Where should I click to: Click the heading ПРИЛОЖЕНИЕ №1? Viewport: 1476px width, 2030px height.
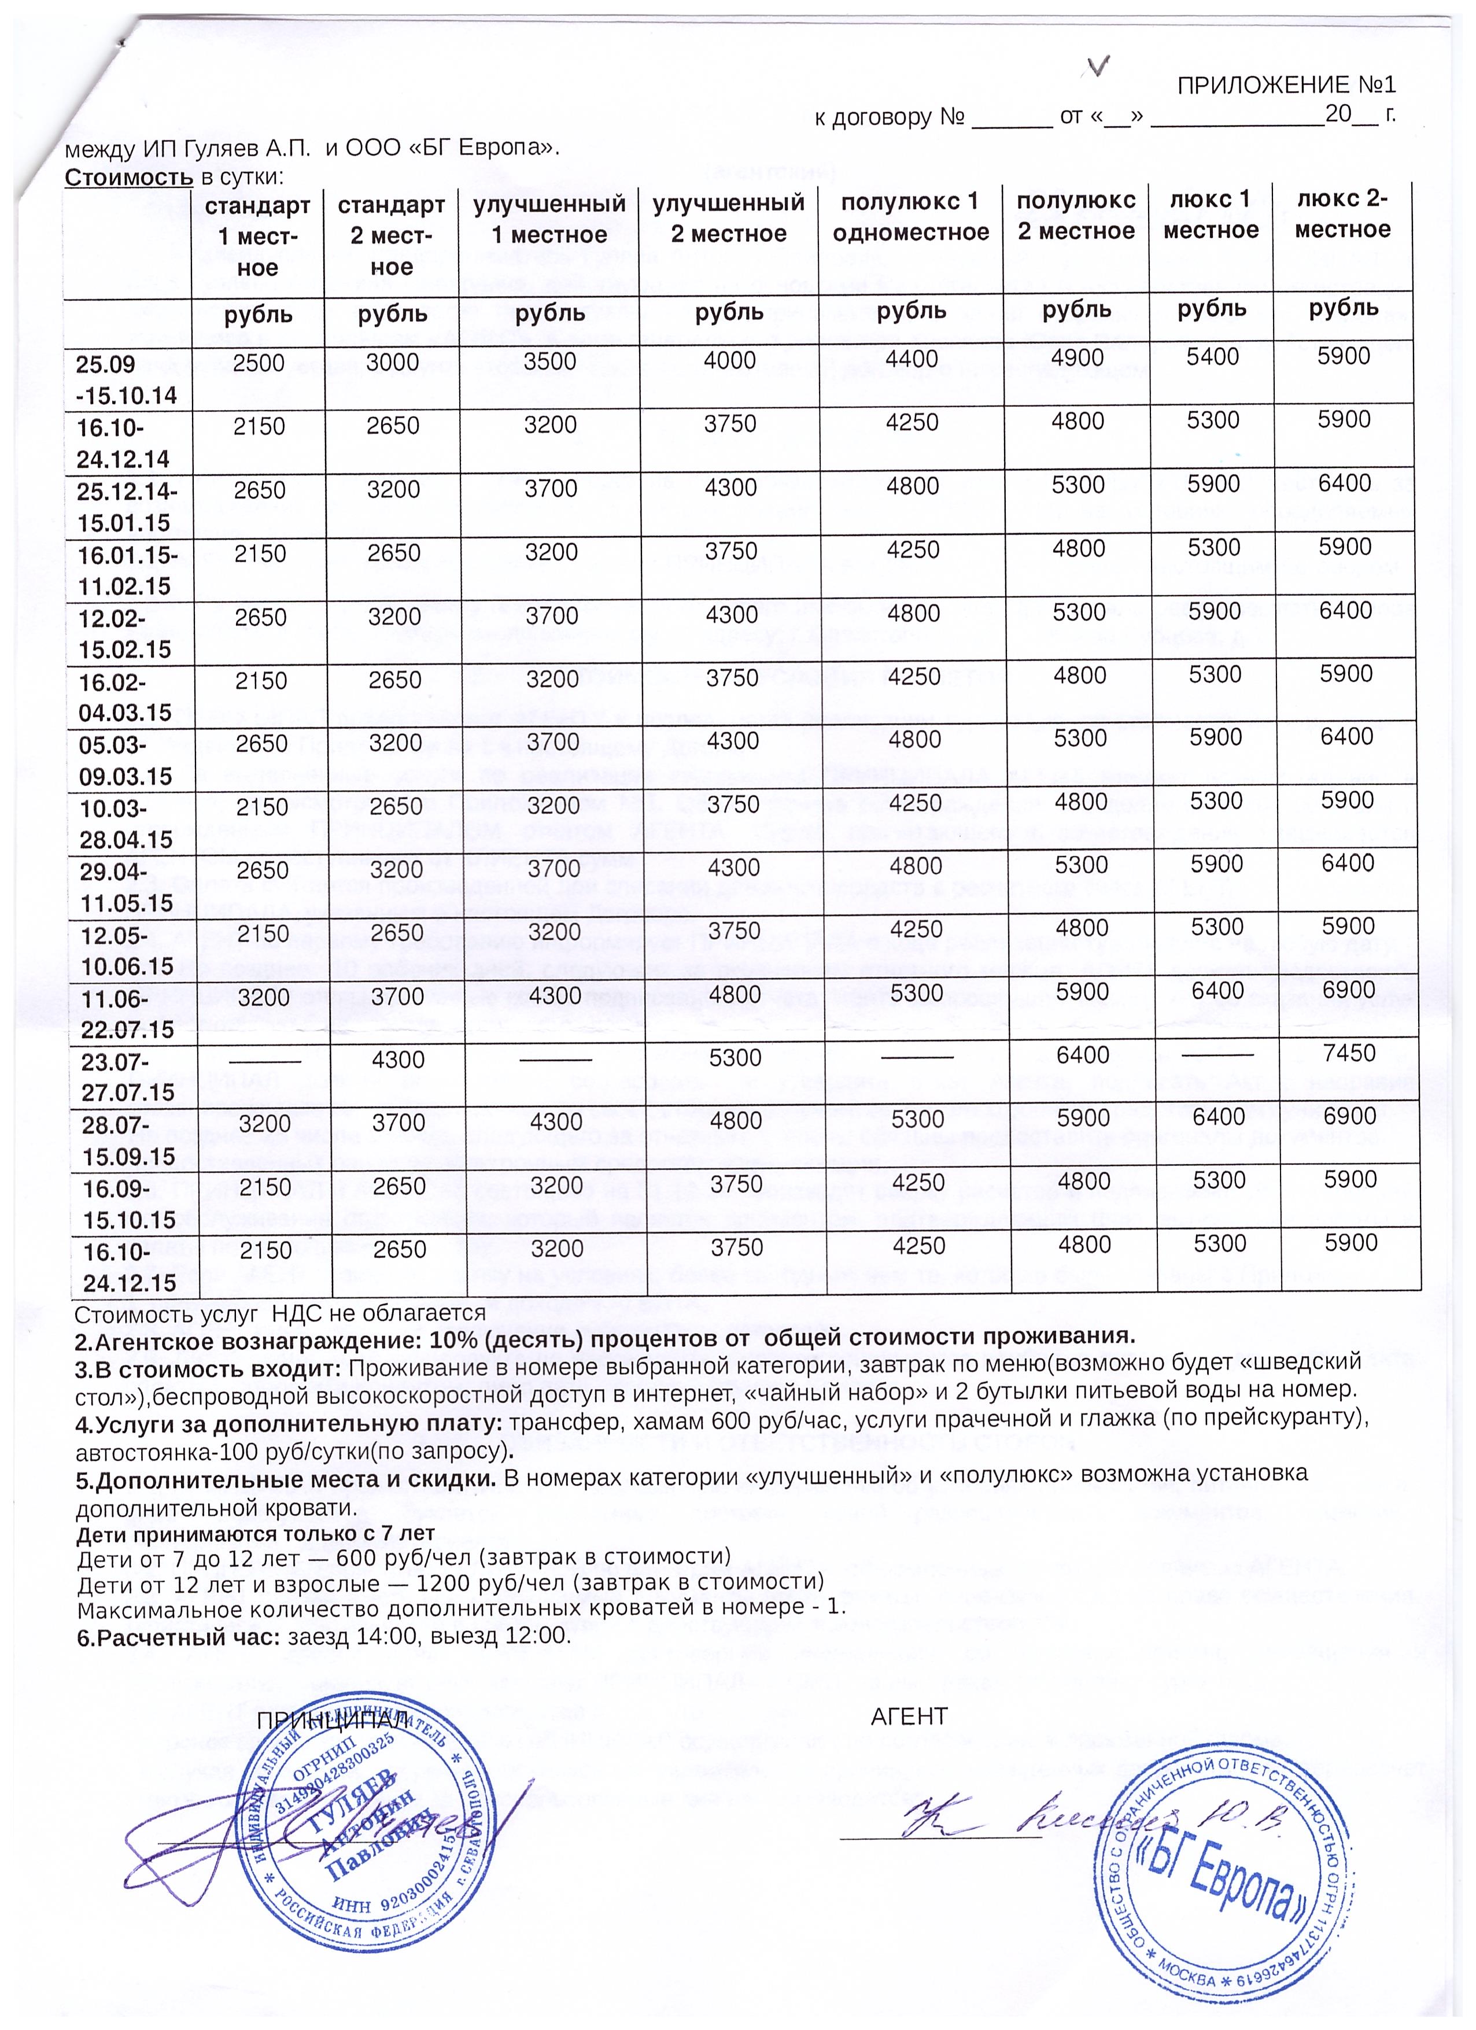click(1285, 86)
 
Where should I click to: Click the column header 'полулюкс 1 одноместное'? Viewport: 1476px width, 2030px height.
click(910, 217)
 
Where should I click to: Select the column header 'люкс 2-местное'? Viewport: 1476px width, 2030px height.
click(1342, 215)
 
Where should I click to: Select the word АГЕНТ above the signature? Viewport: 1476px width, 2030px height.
click(909, 1716)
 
